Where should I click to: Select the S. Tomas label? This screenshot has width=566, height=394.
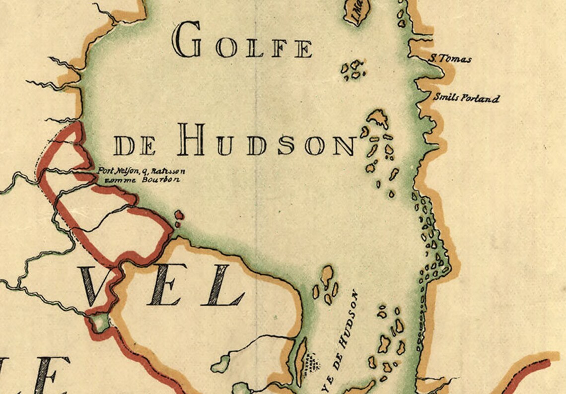pos(450,59)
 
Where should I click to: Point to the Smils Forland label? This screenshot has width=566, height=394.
pos(466,98)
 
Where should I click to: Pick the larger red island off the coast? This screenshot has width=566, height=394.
pos(179,215)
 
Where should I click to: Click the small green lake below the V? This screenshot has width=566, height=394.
pos(100,323)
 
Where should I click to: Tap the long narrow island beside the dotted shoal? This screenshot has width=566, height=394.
pos(301,361)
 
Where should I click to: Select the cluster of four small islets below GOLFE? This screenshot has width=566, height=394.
pos(354,70)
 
